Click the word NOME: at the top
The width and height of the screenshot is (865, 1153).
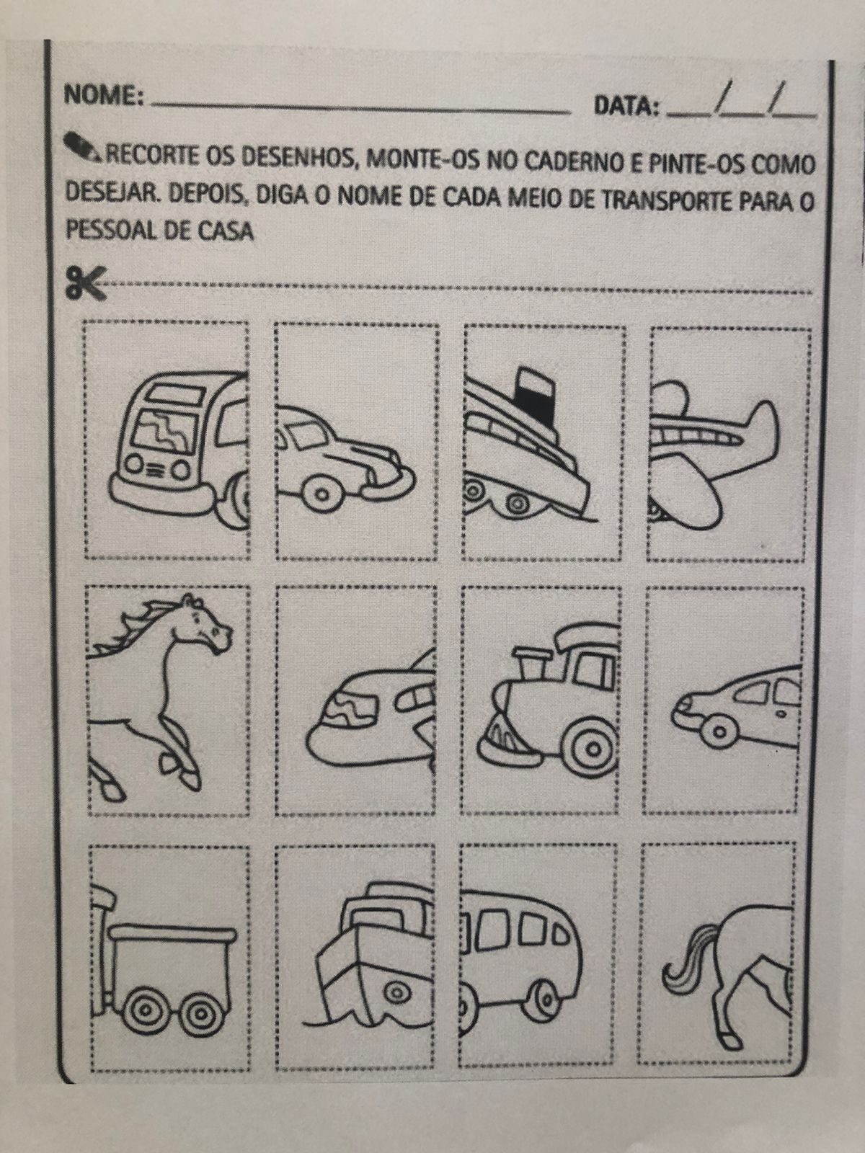coord(103,96)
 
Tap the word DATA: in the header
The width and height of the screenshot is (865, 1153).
coord(626,107)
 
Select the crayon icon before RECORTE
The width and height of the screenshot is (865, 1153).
coord(82,146)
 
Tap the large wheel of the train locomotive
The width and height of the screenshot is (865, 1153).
coord(592,747)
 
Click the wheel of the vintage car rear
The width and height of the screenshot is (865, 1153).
coord(322,494)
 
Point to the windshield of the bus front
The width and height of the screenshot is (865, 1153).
coord(164,431)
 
